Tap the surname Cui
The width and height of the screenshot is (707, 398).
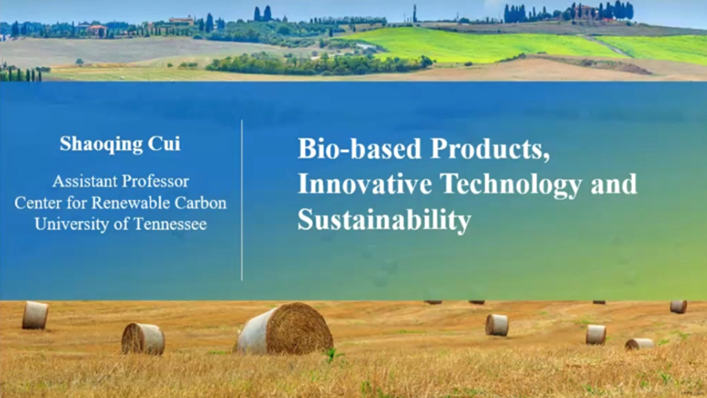(x=164, y=143)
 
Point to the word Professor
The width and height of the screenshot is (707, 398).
(x=153, y=181)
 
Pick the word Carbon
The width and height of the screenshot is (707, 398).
(x=201, y=204)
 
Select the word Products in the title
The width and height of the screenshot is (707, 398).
(x=490, y=149)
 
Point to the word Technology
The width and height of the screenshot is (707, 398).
(x=511, y=185)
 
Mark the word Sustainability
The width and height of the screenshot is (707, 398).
(x=384, y=220)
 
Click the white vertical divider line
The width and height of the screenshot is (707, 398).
(x=242, y=201)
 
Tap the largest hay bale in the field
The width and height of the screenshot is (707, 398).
(x=285, y=329)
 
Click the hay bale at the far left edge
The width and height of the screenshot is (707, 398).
(x=35, y=315)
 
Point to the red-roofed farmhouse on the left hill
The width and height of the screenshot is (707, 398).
(x=97, y=30)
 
